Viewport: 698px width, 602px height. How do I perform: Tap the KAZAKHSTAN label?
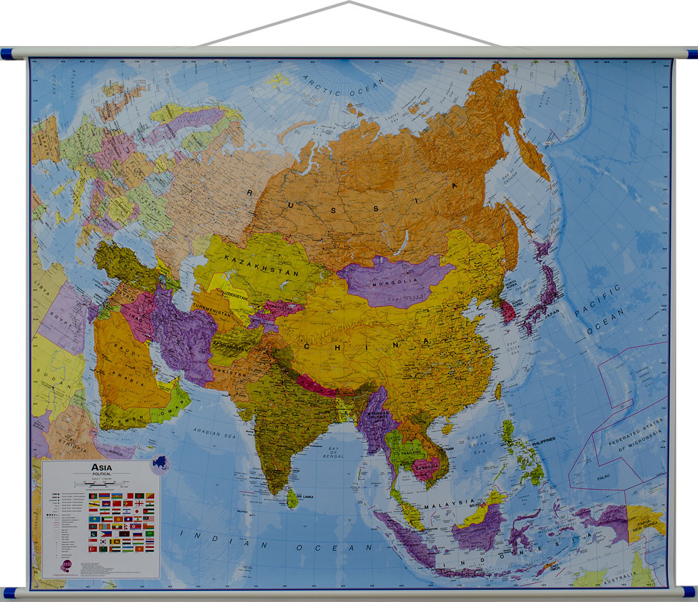[x=261, y=266]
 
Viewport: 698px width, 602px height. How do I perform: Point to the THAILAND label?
[x=411, y=452]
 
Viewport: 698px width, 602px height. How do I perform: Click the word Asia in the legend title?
[x=102, y=467]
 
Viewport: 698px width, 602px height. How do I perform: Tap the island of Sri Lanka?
[x=293, y=498]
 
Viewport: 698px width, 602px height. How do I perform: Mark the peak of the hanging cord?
[x=349, y=2]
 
